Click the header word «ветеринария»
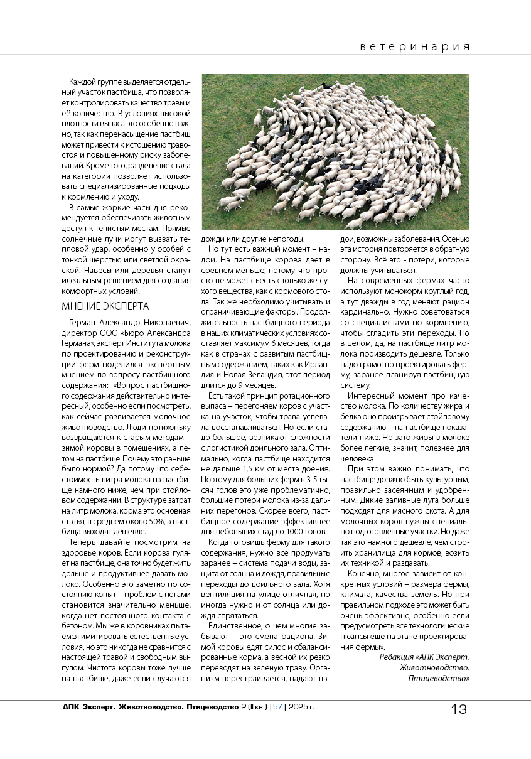click(x=416, y=47)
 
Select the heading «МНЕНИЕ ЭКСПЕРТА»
click(x=105, y=306)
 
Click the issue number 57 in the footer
click(x=277, y=707)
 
